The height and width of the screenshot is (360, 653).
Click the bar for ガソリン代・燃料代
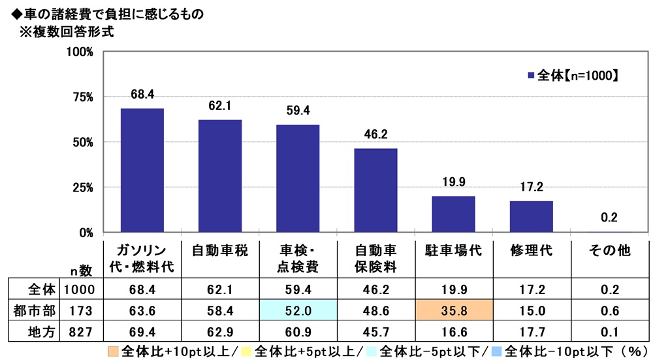click(142, 170)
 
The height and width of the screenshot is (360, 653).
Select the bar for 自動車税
click(219, 176)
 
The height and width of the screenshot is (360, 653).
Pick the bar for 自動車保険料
click(375, 190)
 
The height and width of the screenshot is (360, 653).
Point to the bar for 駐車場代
click(453, 214)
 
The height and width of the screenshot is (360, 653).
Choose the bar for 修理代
click(531, 216)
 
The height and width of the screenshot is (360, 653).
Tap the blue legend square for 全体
click(530, 75)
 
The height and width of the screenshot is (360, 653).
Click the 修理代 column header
click(531, 250)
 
